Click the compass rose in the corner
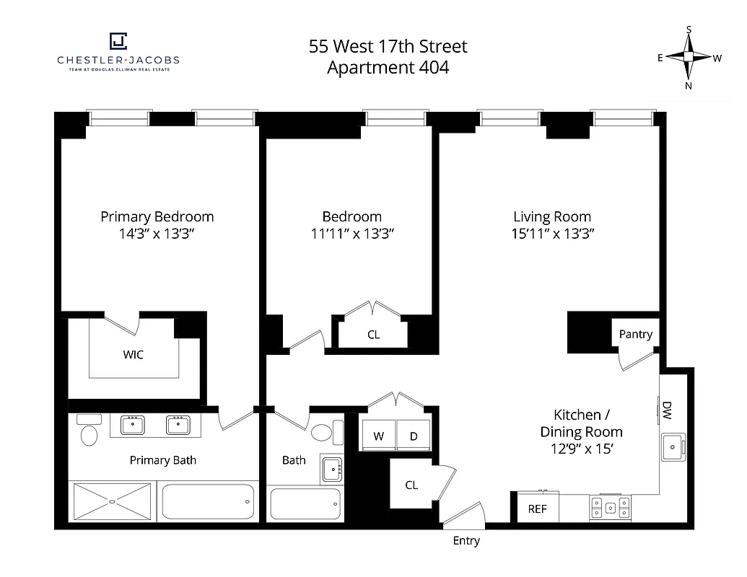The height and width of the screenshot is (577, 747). click(689, 58)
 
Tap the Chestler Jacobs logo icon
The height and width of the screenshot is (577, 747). click(118, 42)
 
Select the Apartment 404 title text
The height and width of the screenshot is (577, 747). click(388, 68)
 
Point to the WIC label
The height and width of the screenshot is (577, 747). click(134, 355)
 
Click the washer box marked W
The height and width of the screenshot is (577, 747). click(378, 436)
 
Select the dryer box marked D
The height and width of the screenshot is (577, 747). click(414, 436)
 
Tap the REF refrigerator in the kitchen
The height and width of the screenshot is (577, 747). click(537, 508)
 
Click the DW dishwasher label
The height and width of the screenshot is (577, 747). click(667, 410)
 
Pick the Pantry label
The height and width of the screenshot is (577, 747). click(635, 334)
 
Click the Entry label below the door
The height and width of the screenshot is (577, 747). click(466, 541)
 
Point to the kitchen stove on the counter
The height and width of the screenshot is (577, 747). click(610, 507)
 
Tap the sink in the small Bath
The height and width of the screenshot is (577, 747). click(332, 470)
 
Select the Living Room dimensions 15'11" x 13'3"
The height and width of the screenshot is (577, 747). click(551, 234)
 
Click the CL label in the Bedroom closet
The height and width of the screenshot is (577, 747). click(373, 335)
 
